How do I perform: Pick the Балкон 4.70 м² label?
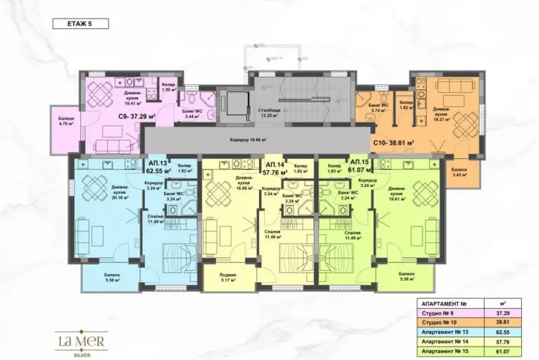tap(67, 122)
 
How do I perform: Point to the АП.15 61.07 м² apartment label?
tap(360, 165)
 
